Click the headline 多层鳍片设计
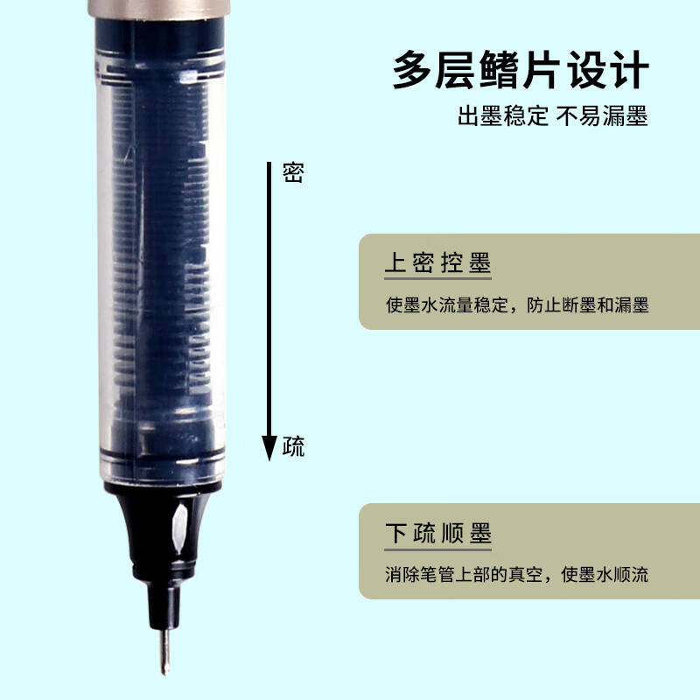tap(521, 69)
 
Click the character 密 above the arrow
tap(293, 172)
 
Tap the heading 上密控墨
tap(437, 263)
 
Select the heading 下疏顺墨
tap(437, 533)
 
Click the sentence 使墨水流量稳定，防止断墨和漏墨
tap(517, 306)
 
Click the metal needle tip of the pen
tap(164, 651)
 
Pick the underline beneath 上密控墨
tap(437, 280)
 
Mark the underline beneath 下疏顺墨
tap(437, 550)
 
